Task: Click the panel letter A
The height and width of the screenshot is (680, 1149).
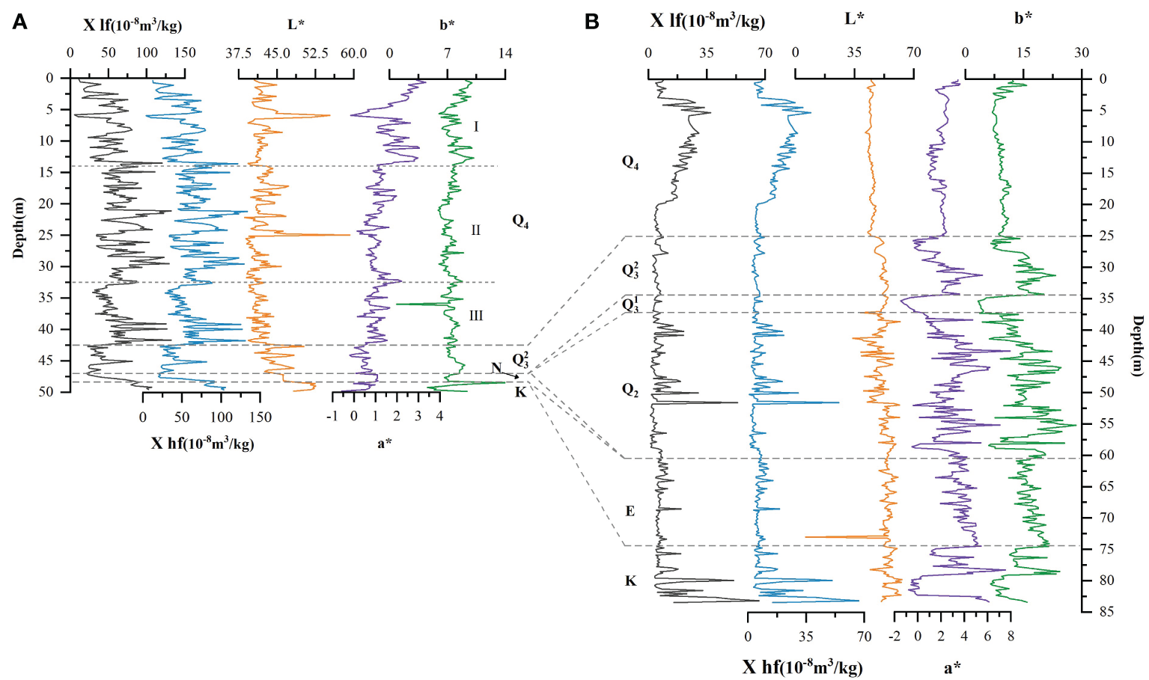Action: pyautogui.click(x=20, y=22)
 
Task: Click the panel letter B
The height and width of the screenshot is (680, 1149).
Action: pyautogui.click(x=592, y=22)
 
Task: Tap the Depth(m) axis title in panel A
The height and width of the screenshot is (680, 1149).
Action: pyautogui.click(x=19, y=227)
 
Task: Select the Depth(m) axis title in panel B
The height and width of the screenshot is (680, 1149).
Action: pyautogui.click(x=1137, y=346)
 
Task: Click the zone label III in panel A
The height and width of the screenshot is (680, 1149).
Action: pyautogui.click(x=476, y=316)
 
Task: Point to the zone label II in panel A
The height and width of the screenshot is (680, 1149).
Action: pyautogui.click(x=475, y=230)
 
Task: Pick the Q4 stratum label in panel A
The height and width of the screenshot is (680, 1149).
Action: pyautogui.click(x=520, y=221)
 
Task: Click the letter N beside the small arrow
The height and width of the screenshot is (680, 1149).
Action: pyautogui.click(x=496, y=367)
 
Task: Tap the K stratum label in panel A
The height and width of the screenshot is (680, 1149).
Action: pyautogui.click(x=520, y=392)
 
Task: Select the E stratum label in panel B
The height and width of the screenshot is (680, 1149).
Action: pyautogui.click(x=630, y=512)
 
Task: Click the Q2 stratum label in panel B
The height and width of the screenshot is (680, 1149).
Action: pyautogui.click(x=630, y=390)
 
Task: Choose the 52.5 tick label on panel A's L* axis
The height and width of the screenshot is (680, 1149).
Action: pyautogui.click(x=315, y=53)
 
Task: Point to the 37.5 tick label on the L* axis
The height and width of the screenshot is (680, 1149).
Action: pyautogui.click(x=239, y=53)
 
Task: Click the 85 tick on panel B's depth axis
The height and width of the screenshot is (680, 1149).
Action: pyautogui.click(x=1106, y=611)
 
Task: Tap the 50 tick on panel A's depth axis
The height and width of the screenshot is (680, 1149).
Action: pyautogui.click(x=46, y=392)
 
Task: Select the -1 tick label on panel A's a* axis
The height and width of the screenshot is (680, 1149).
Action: pyautogui.click(x=332, y=416)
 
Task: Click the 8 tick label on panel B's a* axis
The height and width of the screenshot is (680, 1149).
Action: pyautogui.click(x=1011, y=637)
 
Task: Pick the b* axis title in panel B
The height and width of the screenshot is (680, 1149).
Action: pyautogui.click(x=1022, y=19)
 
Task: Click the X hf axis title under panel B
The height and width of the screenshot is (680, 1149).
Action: pyautogui.click(x=802, y=667)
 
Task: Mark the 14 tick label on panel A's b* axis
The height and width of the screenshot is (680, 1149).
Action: pyautogui.click(x=505, y=53)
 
